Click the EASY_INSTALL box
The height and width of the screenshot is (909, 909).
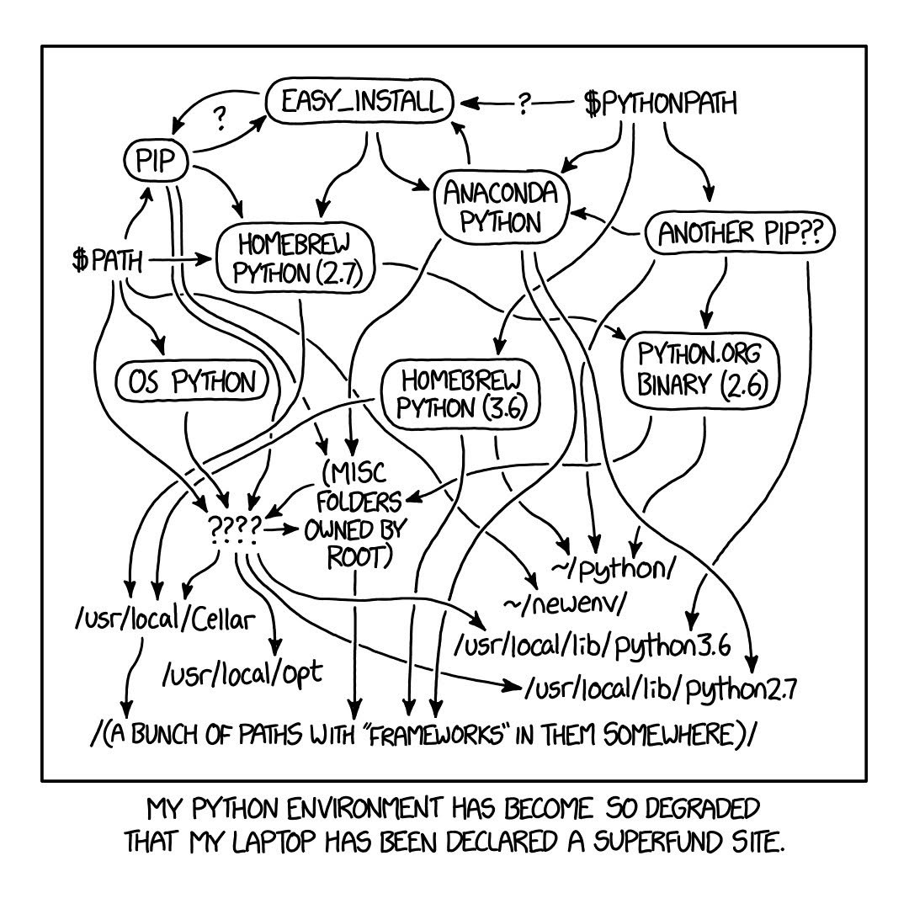click(360, 103)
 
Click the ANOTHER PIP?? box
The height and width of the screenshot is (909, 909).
click(739, 234)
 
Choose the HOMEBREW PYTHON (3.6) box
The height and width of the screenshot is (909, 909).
click(460, 394)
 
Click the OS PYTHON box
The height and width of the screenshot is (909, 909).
click(191, 383)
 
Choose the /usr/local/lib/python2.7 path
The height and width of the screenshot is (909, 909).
click(661, 689)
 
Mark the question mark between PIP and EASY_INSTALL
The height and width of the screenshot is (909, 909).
click(220, 119)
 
